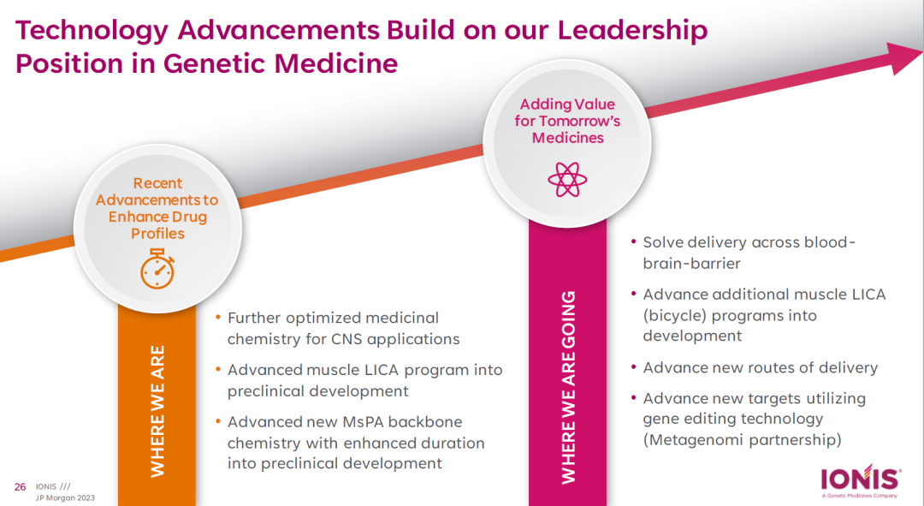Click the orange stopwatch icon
click(157, 269)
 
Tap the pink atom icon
click(567, 179)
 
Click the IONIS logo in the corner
click(861, 480)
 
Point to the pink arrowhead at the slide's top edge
click(903, 58)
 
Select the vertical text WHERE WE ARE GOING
click(568, 388)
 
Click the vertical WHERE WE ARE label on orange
click(157, 411)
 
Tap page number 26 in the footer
click(20, 487)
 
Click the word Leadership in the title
click(632, 31)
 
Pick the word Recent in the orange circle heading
click(157, 183)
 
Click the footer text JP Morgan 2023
click(65, 497)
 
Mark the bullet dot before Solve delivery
click(633, 241)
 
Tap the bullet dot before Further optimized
click(218, 318)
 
